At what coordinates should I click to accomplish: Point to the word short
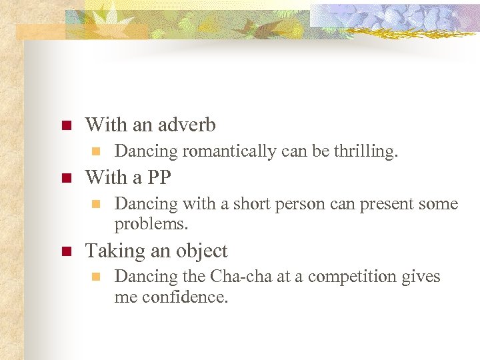pyautogui.click(x=247, y=203)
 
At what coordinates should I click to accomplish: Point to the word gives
pyautogui.click(x=422, y=276)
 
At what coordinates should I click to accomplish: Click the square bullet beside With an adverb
pyautogui.click(x=65, y=125)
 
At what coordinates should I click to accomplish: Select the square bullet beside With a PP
pyautogui.click(x=65, y=178)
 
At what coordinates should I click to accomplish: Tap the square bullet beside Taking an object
pyautogui.click(x=65, y=251)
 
